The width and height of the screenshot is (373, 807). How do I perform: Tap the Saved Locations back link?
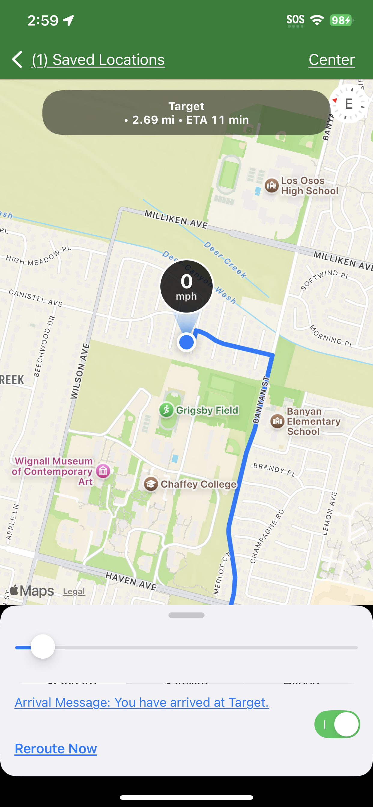(98, 59)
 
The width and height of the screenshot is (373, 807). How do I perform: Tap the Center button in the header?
(331, 59)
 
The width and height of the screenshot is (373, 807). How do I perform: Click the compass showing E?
(348, 104)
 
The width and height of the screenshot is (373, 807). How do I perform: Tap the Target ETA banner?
(186, 113)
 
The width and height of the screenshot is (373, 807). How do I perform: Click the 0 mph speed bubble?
(186, 286)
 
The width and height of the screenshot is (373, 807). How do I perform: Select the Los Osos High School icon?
(271, 186)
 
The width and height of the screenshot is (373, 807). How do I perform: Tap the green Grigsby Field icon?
(166, 410)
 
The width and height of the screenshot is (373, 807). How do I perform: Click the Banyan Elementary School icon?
(277, 421)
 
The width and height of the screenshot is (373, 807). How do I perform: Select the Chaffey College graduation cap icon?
(151, 484)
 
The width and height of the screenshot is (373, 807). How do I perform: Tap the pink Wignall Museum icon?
(103, 471)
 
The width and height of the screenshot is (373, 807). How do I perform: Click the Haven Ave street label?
(130, 581)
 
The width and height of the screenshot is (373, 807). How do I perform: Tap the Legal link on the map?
(74, 591)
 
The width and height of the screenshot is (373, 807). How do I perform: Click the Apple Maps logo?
(32, 591)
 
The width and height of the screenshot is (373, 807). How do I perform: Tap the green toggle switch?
(337, 724)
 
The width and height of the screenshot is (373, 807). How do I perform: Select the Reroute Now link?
(56, 748)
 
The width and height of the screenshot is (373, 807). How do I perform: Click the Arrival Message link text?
(142, 702)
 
